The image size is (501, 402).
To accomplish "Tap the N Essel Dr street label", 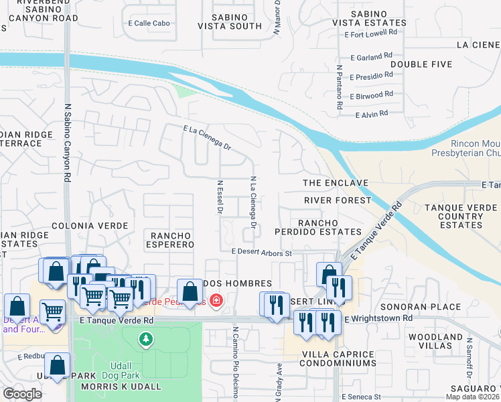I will point(220,196).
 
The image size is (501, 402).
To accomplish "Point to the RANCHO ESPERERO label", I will point(171,240).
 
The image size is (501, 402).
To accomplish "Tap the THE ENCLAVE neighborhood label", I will point(336,183).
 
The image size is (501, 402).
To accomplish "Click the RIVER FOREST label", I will point(337,200).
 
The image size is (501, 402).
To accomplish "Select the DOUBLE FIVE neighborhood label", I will point(421,64).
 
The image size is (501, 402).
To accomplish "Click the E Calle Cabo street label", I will point(149,23).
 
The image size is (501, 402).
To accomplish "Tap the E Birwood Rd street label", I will point(371,94).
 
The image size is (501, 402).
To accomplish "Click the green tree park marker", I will point(145,340).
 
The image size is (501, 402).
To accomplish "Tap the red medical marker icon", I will point(216,300).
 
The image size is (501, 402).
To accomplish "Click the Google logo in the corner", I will point(23,394).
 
